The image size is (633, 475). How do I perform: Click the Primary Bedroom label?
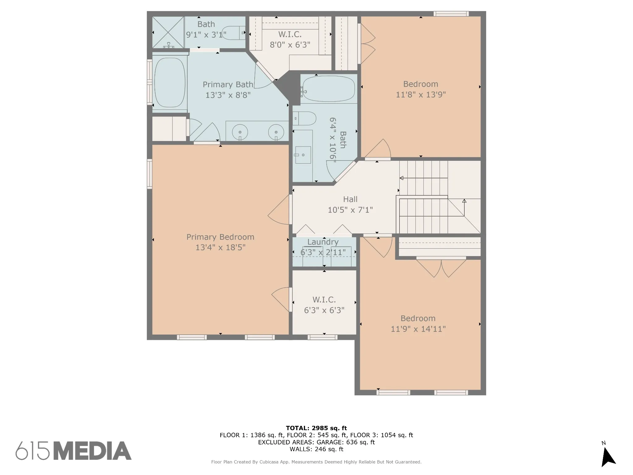pyautogui.click(x=220, y=237)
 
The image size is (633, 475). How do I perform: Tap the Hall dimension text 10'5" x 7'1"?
pyautogui.click(x=350, y=210)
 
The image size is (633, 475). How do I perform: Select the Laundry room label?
pyautogui.click(x=323, y=242)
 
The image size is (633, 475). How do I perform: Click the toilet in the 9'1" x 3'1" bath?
pyautogui.click(x=234, y=33)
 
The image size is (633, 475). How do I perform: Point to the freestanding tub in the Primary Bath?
pyautogui.click(x=170, y=83)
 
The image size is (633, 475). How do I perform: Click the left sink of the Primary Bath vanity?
pyautogui.click(x=240, y=132)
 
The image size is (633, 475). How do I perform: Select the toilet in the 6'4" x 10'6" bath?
pyautogui.click(x=304, y=118)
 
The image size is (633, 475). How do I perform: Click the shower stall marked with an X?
pyautogui.click(x=168, y=32)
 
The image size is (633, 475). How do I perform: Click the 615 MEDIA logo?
pyautogui.click(x=74, y=451)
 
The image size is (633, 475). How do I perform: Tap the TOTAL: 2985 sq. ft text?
pyautogui.click(x=316, y=428)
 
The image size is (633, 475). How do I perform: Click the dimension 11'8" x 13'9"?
pyautogui.click(x=421, y=95)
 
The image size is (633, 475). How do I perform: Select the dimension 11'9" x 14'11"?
pyautogui.click(x=418, y=329)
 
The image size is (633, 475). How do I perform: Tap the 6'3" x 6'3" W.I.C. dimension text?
pyautogui.click(x=324, y=310)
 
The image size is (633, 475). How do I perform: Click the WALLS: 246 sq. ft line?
pyautogui.click(x=316, y=449)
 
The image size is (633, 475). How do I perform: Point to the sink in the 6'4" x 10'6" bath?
pyautogui.click(x=303, y=155)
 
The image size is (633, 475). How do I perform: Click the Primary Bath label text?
pyautogui.click(x=228, y=84)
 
